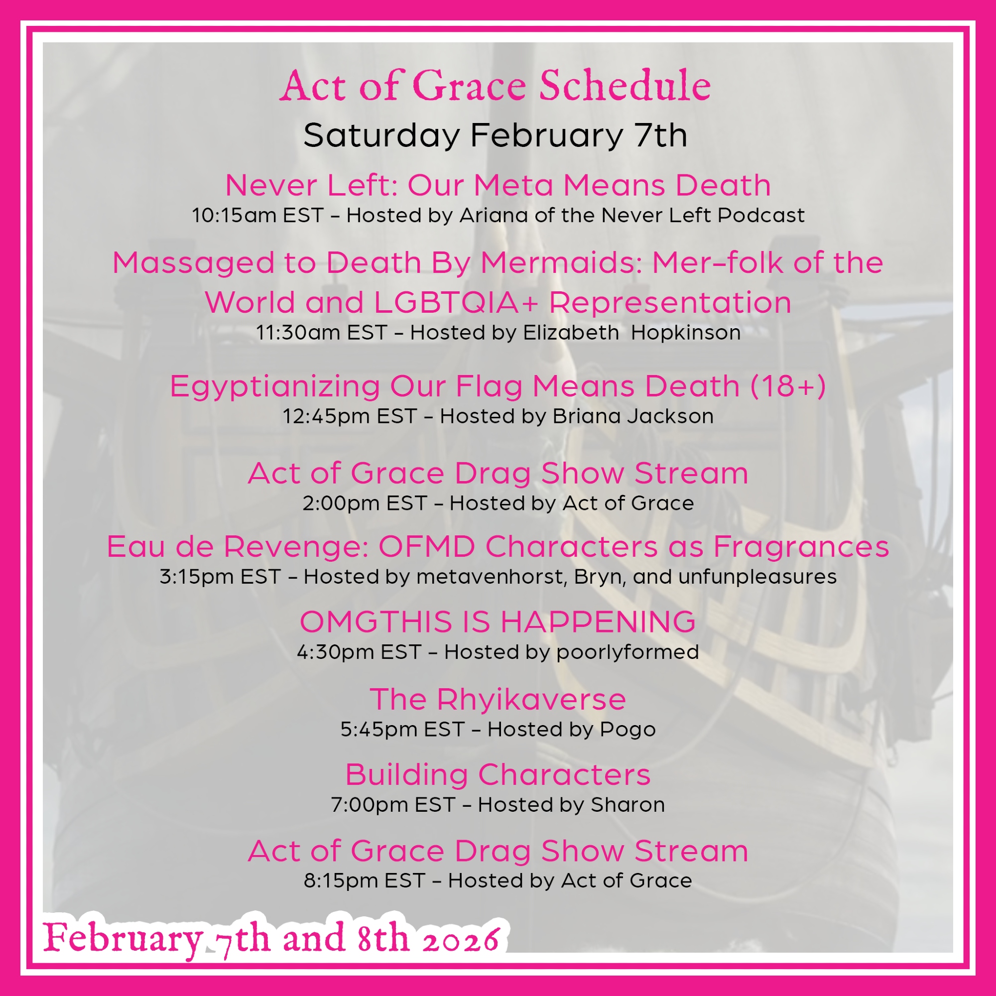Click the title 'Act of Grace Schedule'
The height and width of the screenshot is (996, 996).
pos(495,85)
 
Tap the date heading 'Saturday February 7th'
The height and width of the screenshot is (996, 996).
pos(495,135)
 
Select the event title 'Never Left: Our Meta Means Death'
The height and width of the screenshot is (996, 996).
pos(498,185)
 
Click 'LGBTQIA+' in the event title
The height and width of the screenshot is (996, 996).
pos(456,302)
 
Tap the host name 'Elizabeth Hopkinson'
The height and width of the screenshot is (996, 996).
pos(632,333)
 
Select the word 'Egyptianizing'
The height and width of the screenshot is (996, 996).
pos(275,386)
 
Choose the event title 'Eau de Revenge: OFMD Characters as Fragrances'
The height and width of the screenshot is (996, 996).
pos(498,546)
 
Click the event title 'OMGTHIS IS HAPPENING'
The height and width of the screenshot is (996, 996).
pos(498,621)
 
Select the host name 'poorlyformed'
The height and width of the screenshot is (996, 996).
pos(628,653)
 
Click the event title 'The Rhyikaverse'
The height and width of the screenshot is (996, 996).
pos(498,700)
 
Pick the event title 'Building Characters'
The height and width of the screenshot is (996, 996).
pos(498,775)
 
